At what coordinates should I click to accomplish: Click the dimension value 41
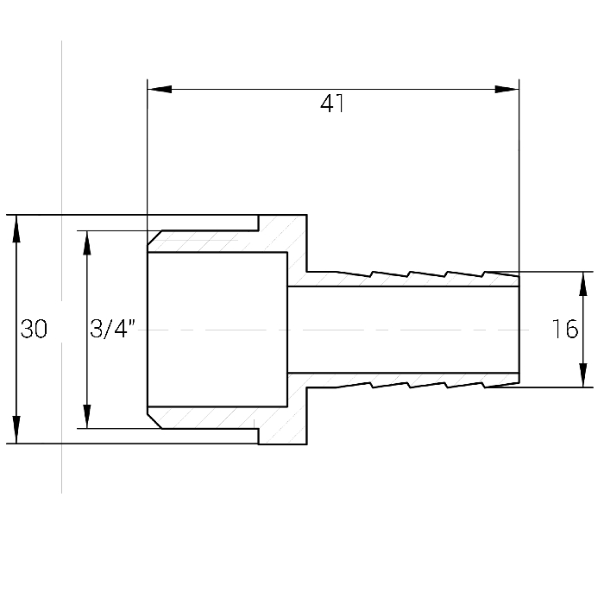(332, 104)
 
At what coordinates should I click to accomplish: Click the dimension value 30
(34, 329)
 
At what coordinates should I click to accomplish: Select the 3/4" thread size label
(112, 329)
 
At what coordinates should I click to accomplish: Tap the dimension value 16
(565, 329)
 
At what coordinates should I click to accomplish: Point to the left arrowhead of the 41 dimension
(160, 90)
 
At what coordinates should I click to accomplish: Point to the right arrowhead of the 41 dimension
(507, 90)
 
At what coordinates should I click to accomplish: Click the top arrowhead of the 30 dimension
(16, 228)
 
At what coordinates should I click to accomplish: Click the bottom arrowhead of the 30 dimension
(16, 430)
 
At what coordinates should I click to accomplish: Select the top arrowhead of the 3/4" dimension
(87, 243)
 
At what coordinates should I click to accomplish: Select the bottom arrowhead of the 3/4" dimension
(87, 416)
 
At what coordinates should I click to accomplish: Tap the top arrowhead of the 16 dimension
(583, 284)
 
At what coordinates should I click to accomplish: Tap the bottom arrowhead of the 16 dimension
(583, 374)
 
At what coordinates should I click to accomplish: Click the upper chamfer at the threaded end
(154, 237)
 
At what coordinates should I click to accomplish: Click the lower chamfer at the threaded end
(154, 421)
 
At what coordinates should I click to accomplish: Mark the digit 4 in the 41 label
(327, 104)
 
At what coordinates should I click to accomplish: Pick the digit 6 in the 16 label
(571, 329)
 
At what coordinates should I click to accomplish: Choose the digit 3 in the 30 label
(27, 329)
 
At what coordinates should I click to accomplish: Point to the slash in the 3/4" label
(107, 329)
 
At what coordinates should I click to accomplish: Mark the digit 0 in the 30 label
(41, 329)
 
